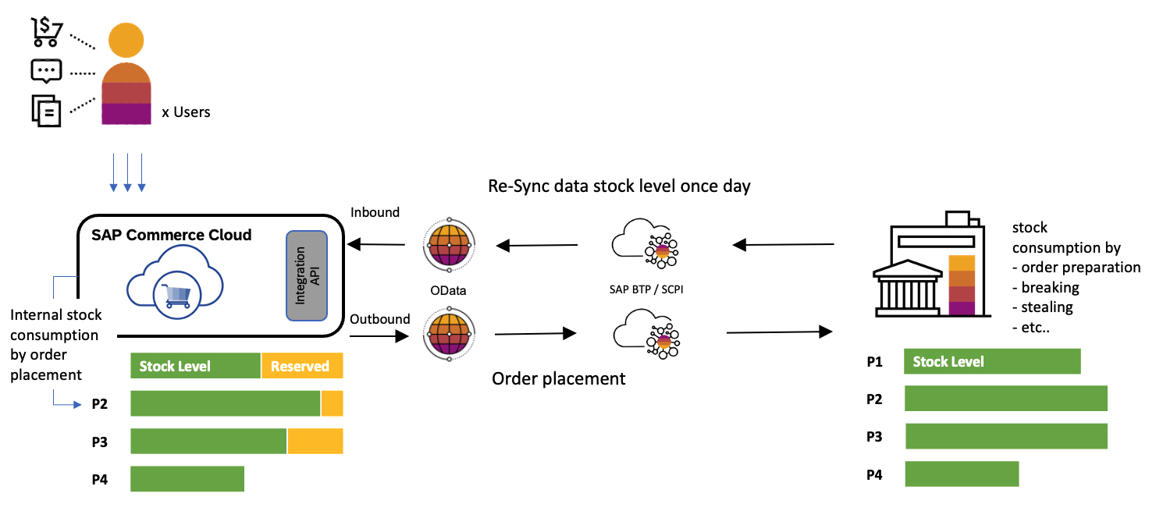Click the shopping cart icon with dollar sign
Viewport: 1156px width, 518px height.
(47, 30)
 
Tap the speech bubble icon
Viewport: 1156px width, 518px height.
(46, 71)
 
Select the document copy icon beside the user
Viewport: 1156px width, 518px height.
(46, 110)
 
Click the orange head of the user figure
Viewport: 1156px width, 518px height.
(126, 40)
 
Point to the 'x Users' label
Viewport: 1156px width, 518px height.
(186, 112)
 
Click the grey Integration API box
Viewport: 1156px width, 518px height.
(307, 275)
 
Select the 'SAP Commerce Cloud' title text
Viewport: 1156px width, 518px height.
(172, 235)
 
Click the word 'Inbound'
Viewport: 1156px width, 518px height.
(375, 212)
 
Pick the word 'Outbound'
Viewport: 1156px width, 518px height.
(379, 319)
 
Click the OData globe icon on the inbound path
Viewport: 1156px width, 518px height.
(450, 246)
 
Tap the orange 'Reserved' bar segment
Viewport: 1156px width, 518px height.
(301, 366)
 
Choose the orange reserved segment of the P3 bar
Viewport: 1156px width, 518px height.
(315, 442)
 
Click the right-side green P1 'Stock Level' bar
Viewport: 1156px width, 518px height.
(992, 362)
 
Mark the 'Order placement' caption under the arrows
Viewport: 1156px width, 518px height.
(558, 379)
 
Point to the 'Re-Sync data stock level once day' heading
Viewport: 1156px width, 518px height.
(619, 186)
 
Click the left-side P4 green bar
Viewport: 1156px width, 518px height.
(187, 479)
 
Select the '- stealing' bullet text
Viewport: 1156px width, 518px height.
(1042, 307)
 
